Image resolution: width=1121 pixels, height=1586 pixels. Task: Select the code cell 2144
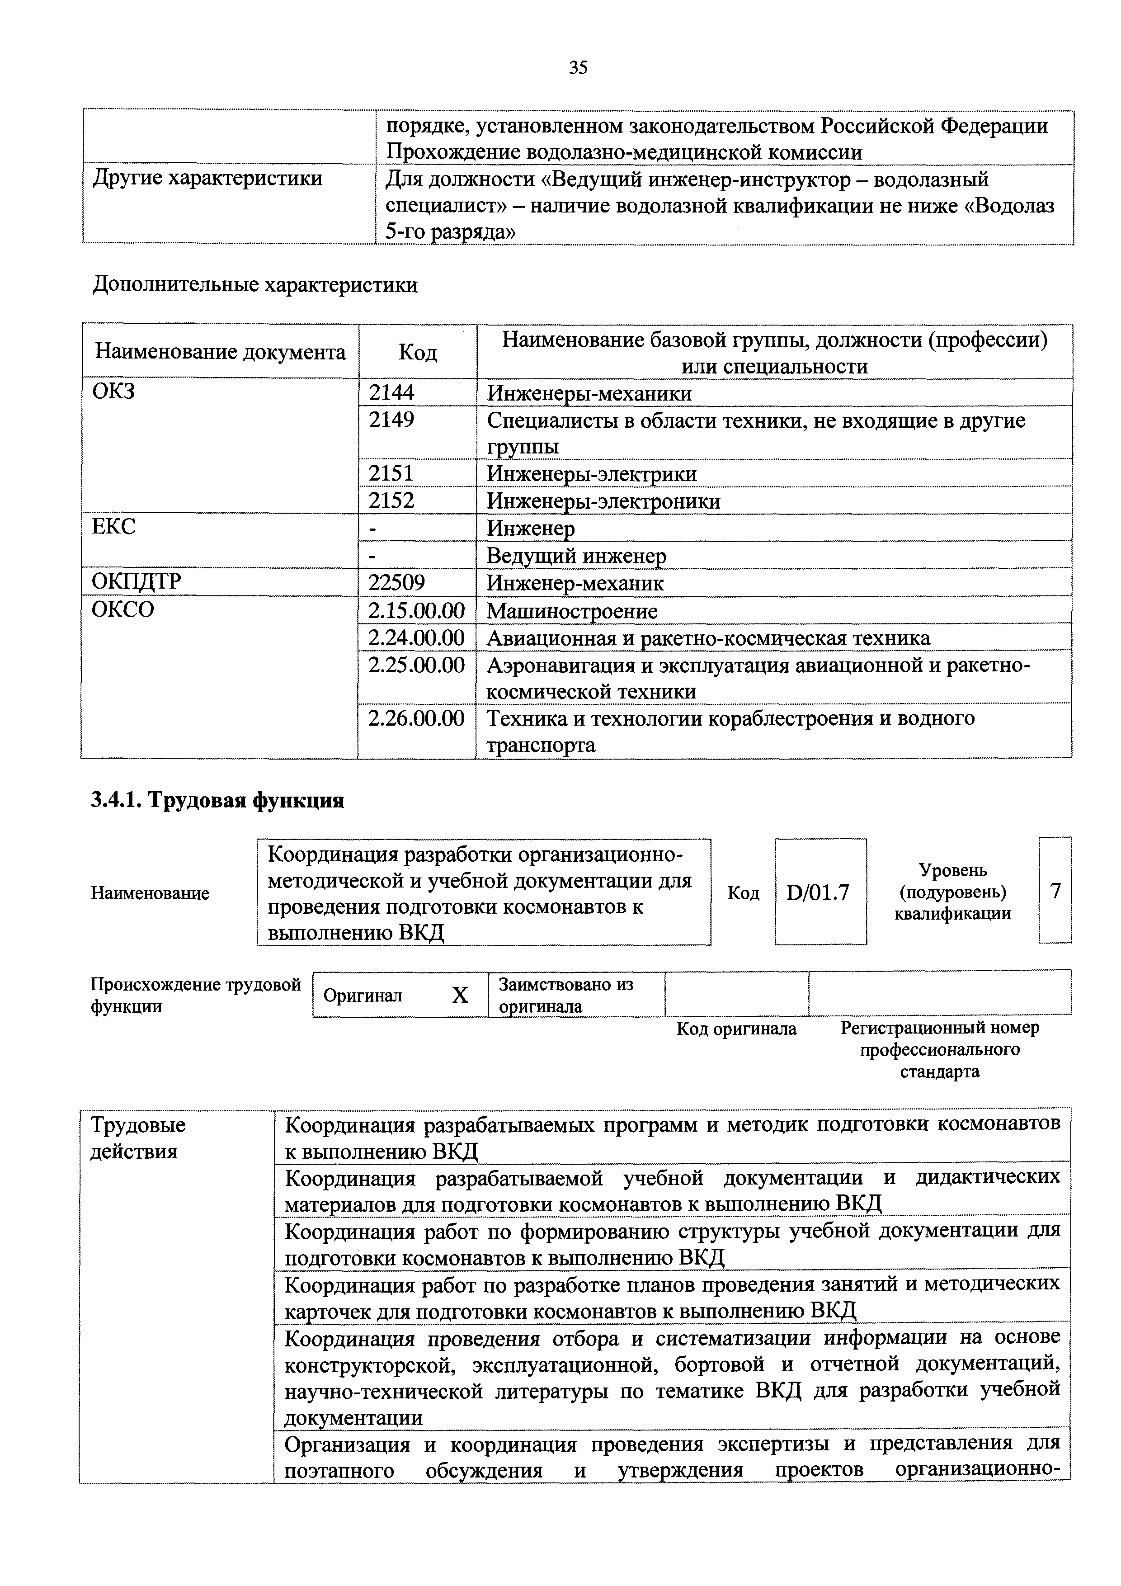(391, 393)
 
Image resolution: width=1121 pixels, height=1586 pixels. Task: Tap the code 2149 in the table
(391, 420)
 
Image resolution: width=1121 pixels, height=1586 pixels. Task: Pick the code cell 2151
(391, 474)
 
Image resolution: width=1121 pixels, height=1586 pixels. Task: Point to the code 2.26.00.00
(416, 718)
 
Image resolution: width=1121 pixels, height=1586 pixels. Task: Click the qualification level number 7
(1055, 892)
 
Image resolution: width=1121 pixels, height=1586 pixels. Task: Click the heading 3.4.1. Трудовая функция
(217, 801)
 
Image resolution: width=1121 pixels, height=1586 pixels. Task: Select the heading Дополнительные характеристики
(255, 284)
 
